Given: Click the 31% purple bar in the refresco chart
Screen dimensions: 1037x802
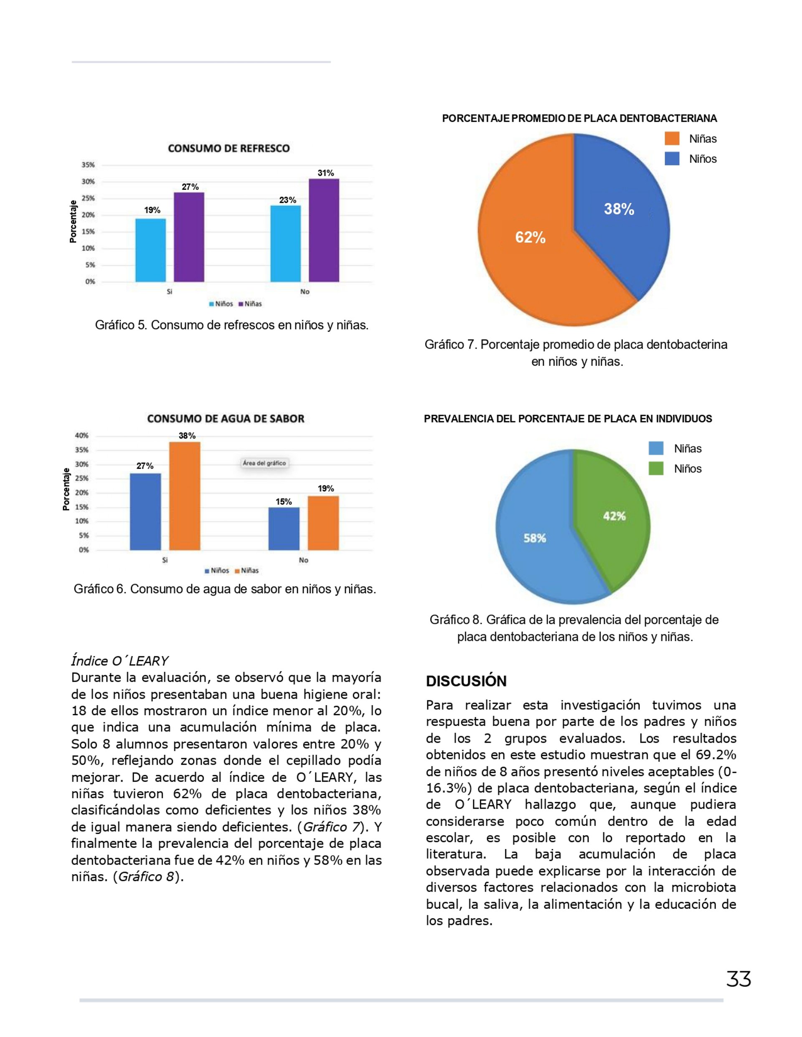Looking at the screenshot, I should (324, 230).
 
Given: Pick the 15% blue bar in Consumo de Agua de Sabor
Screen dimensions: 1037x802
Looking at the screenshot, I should (284, 529).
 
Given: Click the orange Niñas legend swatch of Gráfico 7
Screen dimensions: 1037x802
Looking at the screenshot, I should (672, 139).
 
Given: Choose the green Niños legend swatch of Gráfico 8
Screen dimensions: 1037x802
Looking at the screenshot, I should (656, 469).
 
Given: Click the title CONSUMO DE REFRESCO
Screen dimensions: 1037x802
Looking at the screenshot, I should (228, 149).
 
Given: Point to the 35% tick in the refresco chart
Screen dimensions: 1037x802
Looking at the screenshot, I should (89, 165).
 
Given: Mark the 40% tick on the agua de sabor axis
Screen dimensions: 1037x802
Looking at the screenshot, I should (82, 435).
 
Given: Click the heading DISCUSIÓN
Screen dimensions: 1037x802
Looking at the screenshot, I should (466, 681).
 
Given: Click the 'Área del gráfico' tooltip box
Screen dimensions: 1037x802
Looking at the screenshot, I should (264, 463).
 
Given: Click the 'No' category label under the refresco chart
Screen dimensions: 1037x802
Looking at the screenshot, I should (305, 291).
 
